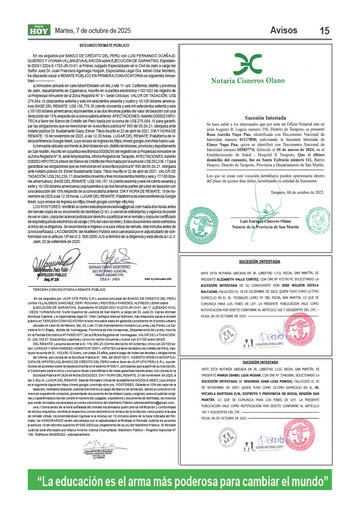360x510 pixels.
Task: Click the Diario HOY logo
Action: click(39, 30)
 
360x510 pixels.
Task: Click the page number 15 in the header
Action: click(324, 31)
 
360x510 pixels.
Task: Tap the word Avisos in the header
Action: click(284, 30)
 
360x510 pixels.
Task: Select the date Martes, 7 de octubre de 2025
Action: click(93, 31)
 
